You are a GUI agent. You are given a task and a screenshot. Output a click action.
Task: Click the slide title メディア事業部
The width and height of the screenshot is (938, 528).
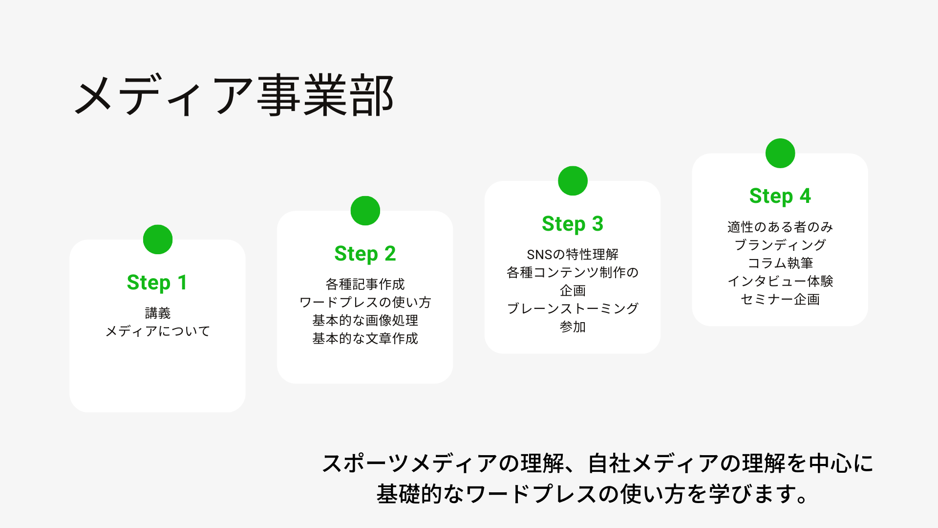pyautogui.click(x=234, y=95)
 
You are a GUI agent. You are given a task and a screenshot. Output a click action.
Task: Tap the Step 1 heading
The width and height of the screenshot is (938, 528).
pyautogui.click(x=157, y=283)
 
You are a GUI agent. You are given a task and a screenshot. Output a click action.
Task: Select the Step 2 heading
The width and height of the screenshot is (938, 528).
pyautogui.click(x=365, y=254)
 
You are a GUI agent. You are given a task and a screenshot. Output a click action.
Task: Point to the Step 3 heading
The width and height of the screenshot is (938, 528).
pyautogui.click(x=573, y=224)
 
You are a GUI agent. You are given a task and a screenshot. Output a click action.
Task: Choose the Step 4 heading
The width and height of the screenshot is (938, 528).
pyautogui.click(x=780, y=196)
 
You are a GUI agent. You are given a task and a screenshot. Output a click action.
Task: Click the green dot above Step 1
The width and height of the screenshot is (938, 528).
pyautogui.click(x=158, y=240)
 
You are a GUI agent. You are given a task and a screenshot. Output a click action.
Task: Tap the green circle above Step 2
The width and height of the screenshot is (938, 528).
pyautogui.click(x=365, y=211)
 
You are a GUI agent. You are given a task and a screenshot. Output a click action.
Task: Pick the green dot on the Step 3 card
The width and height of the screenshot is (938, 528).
pyautogui.click(x=573, y=181)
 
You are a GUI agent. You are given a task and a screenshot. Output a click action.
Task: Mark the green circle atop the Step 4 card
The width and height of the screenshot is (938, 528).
pyautogui.click(x=780, y=154)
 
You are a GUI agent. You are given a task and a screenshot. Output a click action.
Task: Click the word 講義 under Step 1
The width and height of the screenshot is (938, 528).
pyautogui.click(x=158, y=313)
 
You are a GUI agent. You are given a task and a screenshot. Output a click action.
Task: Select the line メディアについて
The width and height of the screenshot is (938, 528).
pyautogui.click(x=158, y=331)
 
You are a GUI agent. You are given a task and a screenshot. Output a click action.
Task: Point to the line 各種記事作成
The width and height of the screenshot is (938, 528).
pyautogui.click(x=365, y=284)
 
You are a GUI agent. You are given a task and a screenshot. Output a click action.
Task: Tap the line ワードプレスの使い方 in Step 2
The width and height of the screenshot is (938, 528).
pyautogui.click(x=365, y=302)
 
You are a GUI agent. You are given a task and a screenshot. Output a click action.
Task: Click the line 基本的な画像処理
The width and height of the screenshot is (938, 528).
pyautogui.click(x=365, y=320)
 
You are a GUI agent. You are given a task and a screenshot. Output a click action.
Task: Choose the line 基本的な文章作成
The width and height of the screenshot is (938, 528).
pyautogui.click(x=365, y=338)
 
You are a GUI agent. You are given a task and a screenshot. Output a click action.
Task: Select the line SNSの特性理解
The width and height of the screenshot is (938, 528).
pyautogui.click(x=573, y=254)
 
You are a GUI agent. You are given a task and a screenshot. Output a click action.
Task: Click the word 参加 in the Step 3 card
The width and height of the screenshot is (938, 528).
pyautogui.click(x=573, y=327)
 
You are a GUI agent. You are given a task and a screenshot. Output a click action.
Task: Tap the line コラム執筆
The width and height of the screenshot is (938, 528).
pyautogui.click(x=780, y=263)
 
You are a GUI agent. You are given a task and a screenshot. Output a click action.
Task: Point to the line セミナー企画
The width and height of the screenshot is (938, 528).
pyautogui.click(x=780, y=299)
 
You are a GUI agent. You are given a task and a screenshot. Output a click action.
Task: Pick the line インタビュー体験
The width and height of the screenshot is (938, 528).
pyautogui.click(x=780, y=281)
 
